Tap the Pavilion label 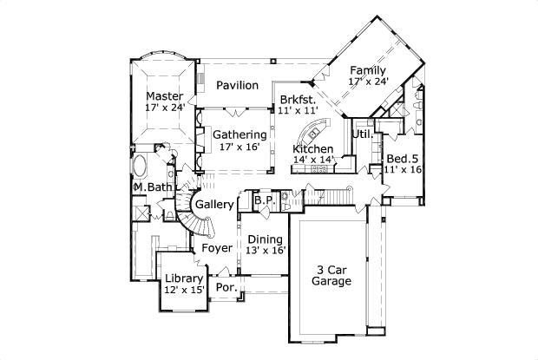(237, 85)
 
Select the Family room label (368, 70)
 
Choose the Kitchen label (312, 148)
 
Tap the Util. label (363, 135)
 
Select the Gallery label (214, 204)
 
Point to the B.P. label (264, 201)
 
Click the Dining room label (264, 239)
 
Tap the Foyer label (217, 248)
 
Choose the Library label (183, 278)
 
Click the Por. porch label (226, 287)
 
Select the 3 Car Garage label (333, 276)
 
